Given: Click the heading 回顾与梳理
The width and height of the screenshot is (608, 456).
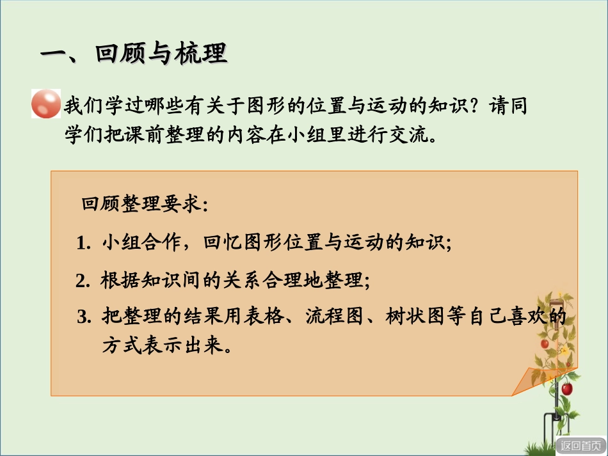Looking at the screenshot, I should (134, 54).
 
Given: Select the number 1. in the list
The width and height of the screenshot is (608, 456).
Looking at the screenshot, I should (84, 244).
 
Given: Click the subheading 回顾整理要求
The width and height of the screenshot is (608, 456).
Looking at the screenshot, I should (144, 205).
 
